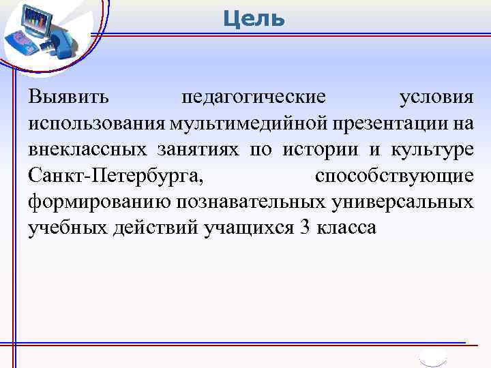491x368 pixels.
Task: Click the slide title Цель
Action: pos(254,18)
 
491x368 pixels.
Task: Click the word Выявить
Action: pos(68,97)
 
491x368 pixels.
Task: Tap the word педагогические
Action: pos(253,97)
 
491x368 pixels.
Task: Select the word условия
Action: pos(436,97)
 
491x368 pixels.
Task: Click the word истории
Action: pos(315,149)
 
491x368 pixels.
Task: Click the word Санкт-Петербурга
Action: pos(116,176)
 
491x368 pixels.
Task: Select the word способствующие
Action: pos(394,176)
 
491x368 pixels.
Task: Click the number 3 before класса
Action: pos(305,228)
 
